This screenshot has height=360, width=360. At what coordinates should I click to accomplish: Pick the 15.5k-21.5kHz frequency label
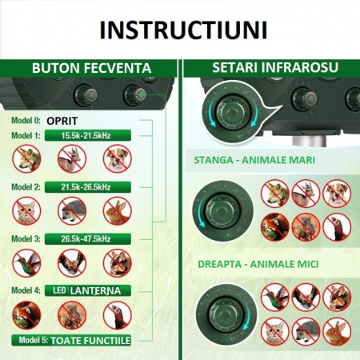pyautogui.click(x=93, y=136)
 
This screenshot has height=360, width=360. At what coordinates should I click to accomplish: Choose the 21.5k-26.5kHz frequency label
pyautogui.click(x=93, y=186)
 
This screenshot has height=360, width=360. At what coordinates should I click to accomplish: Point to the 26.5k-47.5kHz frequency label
pyautogui.click(x=93, y=238)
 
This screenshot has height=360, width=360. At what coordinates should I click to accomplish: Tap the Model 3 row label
pyautogui.click(x=25, y=238)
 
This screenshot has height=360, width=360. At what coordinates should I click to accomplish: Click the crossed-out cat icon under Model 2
pyautogui.click(x=26, y=210)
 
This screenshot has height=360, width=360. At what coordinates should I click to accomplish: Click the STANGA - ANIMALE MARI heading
pyautogui.click(x=254, y=160)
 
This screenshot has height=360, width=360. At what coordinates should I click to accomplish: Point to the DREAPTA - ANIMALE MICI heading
pyautogui.click(x=254, y=262)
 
